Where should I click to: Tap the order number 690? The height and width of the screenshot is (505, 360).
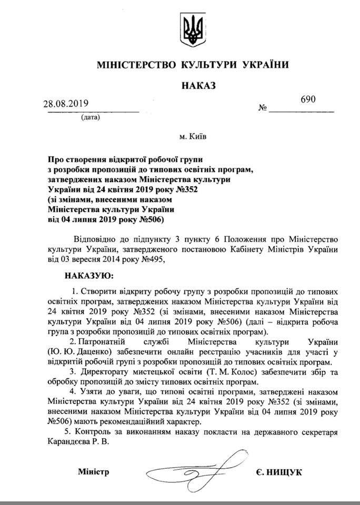coord(308,99)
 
